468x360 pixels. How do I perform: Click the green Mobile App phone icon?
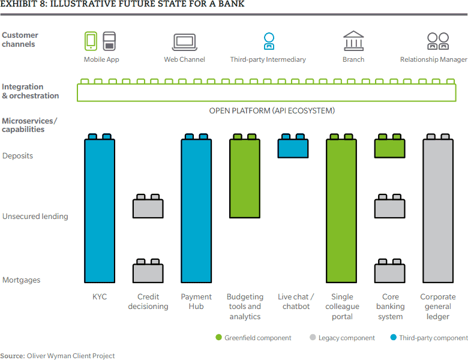91,41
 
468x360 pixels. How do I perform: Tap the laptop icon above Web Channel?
184,42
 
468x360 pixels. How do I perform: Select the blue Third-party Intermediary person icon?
269,41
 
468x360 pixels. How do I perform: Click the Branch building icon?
353,41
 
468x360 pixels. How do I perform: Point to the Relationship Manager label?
434,59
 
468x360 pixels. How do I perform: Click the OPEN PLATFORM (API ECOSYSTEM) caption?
272,111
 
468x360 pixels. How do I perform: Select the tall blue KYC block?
100,208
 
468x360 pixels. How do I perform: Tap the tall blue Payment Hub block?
196,208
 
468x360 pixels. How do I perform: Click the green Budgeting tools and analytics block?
245,176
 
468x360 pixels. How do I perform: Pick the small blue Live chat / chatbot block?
293,146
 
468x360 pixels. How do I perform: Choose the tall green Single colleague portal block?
341,208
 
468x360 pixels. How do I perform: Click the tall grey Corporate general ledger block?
438,208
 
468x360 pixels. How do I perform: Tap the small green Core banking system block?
390,146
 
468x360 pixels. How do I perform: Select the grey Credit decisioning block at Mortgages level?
148,271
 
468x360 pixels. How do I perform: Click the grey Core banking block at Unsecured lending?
390,206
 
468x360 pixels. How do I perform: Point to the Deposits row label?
17,156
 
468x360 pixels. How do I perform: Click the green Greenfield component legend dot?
219,337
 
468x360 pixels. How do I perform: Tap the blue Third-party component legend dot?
394,337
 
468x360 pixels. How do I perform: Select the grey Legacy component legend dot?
313,337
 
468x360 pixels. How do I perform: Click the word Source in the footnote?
13,356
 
